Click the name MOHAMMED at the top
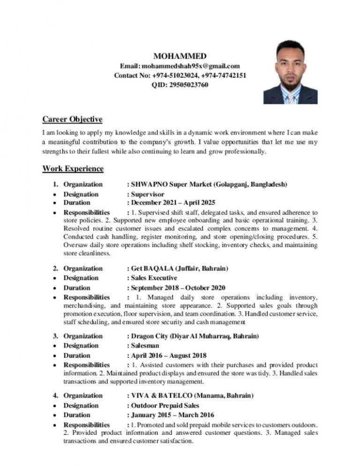click(180, 56)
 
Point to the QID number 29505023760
click(189, 85)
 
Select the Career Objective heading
click(72, 119)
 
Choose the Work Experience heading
click(73, 168)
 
